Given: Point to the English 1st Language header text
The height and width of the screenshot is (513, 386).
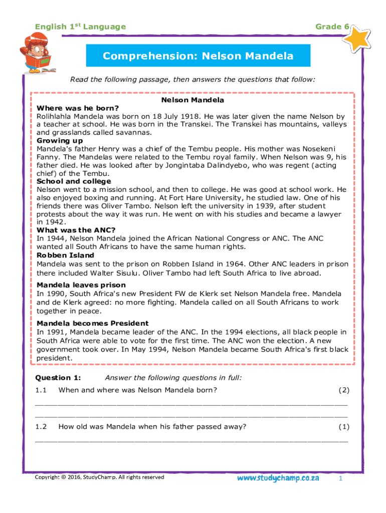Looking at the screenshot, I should (80, 27).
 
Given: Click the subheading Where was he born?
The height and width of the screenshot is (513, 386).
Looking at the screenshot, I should (78, 108).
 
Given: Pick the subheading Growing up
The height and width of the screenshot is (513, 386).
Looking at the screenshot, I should (60, 141).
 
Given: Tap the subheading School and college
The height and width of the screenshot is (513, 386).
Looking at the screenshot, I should (74, 181).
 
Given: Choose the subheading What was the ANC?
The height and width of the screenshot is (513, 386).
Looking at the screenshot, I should (76, 230).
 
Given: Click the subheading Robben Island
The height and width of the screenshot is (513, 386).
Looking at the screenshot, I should (65, 255).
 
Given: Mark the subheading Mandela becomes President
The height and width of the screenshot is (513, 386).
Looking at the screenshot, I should (93, 323).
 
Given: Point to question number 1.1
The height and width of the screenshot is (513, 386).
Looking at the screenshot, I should (41, 390).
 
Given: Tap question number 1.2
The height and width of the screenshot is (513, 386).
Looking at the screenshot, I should (41, 427).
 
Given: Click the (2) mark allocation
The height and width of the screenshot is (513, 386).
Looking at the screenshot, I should (343, 390).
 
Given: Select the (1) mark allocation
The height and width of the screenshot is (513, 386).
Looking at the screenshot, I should (343, 427).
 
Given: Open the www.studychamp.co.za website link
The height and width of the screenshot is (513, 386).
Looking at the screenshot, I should (278, 478).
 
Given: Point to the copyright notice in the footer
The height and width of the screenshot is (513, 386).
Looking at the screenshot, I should (99, 477).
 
